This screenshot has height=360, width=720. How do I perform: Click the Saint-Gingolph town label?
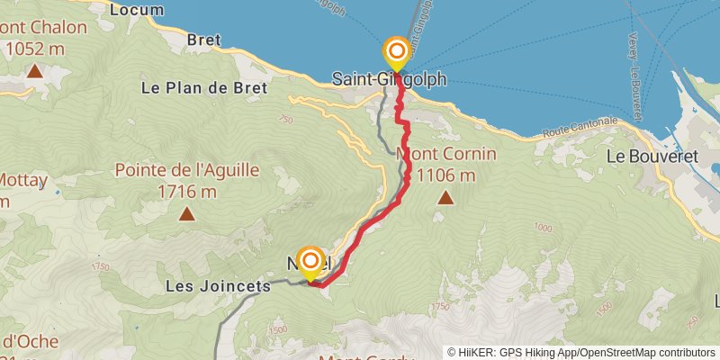click(x=390, y=79)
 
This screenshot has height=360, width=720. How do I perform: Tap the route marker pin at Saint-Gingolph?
click(x=396, y=52)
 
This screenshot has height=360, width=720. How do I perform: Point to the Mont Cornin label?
click(x=446, y=154)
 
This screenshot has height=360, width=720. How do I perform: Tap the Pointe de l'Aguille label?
click(x=187, y=170)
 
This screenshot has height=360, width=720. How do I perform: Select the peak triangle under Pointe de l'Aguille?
click(x=186, y=213)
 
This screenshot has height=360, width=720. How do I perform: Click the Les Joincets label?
click(x=219, y=286)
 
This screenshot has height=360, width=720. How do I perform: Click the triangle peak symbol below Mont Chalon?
click(x=34, y=70)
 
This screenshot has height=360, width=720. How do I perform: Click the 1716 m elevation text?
click(x=187, y=191)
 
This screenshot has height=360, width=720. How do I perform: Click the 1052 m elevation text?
click(x=36, y=48)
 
